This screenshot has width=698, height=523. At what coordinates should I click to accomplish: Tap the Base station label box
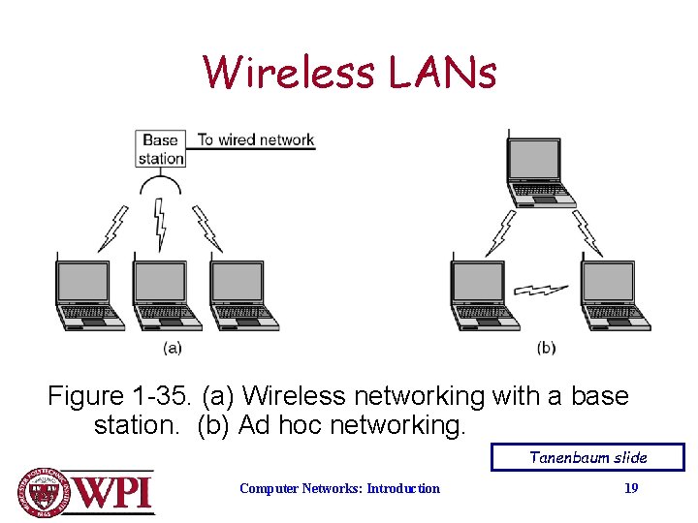161,148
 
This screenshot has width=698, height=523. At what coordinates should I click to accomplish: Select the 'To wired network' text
256,139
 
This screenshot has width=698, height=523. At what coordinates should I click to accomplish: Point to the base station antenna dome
161,183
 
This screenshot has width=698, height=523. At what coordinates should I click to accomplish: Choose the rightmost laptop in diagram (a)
238,292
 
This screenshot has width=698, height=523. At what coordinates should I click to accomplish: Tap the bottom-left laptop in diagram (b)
483,292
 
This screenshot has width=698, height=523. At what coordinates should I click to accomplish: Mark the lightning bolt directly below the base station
161,224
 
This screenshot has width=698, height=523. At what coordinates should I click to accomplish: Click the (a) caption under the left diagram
172,347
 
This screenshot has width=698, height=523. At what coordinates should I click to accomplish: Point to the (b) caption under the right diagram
546,347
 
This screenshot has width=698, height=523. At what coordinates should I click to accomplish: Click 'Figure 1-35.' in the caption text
120,396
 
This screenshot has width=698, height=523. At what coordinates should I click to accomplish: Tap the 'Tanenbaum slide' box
587,457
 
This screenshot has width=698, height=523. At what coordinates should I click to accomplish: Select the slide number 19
631,488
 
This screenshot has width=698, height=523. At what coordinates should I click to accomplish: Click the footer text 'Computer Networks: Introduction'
339,488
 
